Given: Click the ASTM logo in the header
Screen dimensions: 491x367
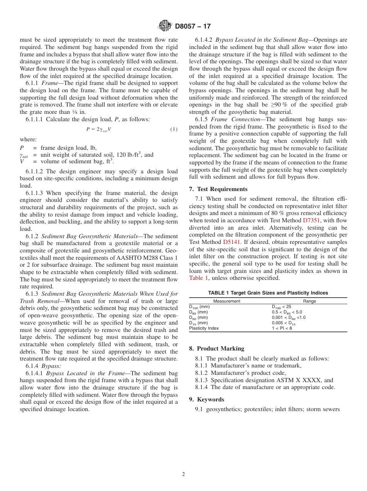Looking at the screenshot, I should pos(165,26).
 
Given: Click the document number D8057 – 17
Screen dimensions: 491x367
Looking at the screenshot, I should pos(193,27).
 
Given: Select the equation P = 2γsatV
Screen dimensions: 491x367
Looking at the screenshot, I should pos(99,129).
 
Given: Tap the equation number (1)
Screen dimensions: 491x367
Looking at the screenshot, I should pos(174,129).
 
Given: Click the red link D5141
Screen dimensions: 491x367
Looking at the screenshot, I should pos(232,242).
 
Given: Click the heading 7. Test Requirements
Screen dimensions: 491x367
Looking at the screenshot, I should pos(218,189).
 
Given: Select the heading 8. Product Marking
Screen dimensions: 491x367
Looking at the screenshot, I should pos(217,349).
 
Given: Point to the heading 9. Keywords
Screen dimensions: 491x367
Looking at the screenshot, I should pos(207,400).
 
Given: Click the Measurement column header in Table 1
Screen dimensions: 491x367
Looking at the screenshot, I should pos(227,301).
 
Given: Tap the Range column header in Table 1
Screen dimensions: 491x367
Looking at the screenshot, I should pos(309,301).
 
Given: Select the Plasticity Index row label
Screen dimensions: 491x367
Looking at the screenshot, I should pos(204,328).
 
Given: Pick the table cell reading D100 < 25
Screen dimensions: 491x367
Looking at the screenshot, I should pos(282,306).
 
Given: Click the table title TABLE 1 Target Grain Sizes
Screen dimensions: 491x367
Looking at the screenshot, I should pos(268,293).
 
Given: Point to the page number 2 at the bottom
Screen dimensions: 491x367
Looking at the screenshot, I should pos(183,474).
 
